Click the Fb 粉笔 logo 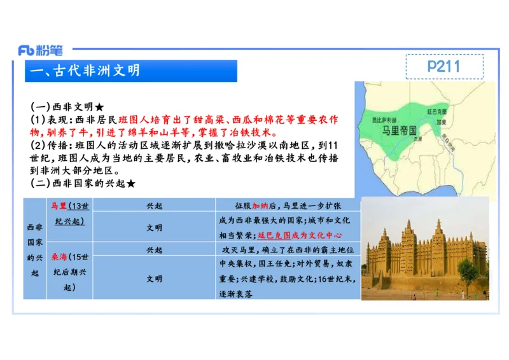pyautogui.click(x=40, y=50)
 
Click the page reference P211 pyautogui.click(x=443, y=66)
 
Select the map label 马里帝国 pyautogui.click(x=400, y=130)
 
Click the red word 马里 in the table pyautogui.click(x=59, y=205)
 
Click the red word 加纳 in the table pyautogui.click(x=260, y=206)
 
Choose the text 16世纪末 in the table pyautogui.click(x=335, y=279)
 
